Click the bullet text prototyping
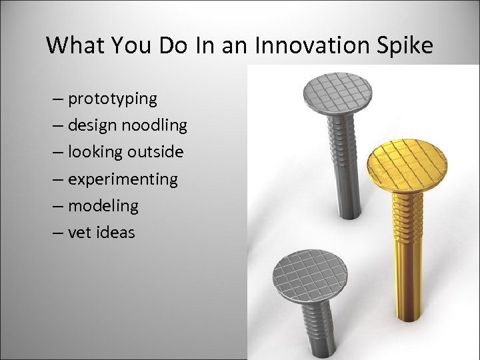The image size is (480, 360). (x=113, y=99)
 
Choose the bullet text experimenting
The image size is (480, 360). (x=123, y=179)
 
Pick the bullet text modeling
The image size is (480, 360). (x=103, y=206)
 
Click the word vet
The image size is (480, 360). (x=79, y=233)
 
